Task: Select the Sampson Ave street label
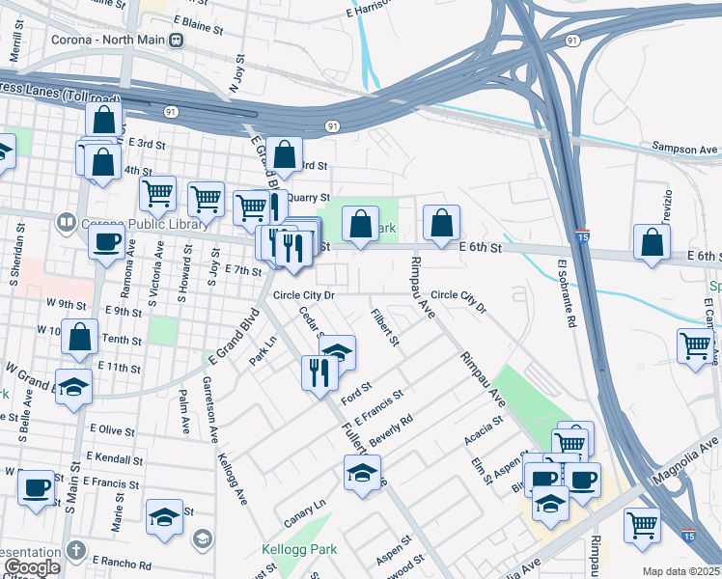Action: pos(684,150)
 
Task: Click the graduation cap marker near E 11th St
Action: pos(73,387)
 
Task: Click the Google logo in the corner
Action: pos(32,567)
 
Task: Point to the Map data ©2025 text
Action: pos(681,571)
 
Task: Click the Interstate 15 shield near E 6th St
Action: pos(581,235)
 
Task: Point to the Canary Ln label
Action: pos(305,513)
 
